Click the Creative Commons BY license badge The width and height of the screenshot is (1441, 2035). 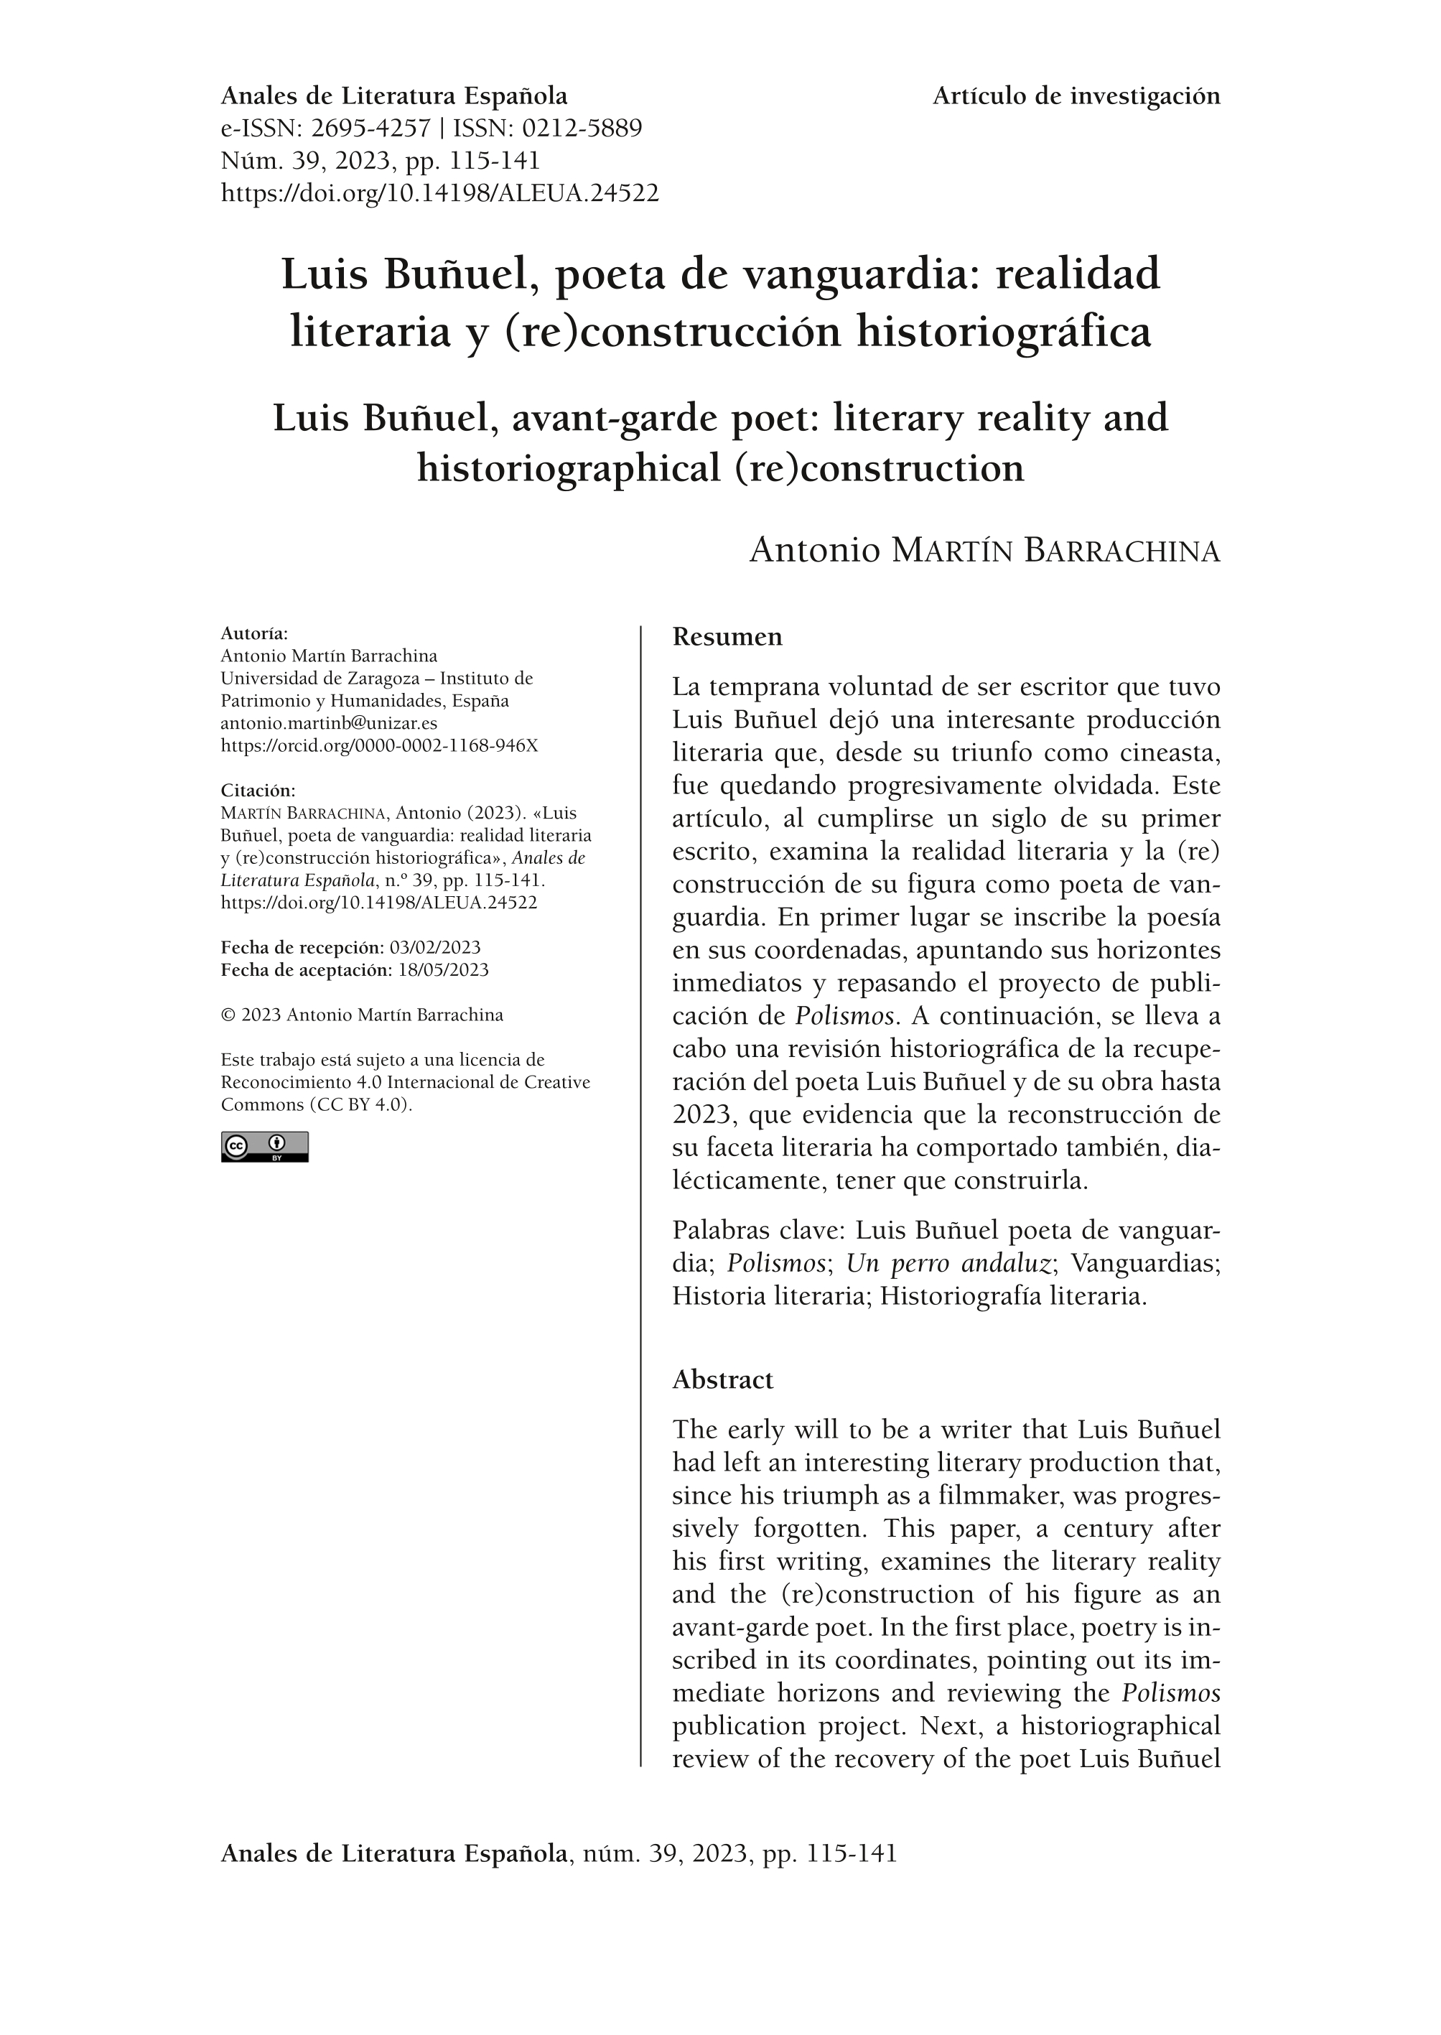[264, 1147]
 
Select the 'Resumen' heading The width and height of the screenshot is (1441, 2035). [727, 637]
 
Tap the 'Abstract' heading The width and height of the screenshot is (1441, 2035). [722, 1379]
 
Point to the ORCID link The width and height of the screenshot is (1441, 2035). [379, 745]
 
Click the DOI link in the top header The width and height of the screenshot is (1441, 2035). [439, 192]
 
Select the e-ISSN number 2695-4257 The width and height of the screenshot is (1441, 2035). [370, 129]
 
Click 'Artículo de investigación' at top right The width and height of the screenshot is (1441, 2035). [1076, 96]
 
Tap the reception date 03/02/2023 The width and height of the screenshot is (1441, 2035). [435, 947]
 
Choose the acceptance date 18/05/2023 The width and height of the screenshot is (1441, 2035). [443, 969]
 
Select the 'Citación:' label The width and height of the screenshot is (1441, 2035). [257, 791]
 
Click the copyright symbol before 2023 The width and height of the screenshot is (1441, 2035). [227, 1015]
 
